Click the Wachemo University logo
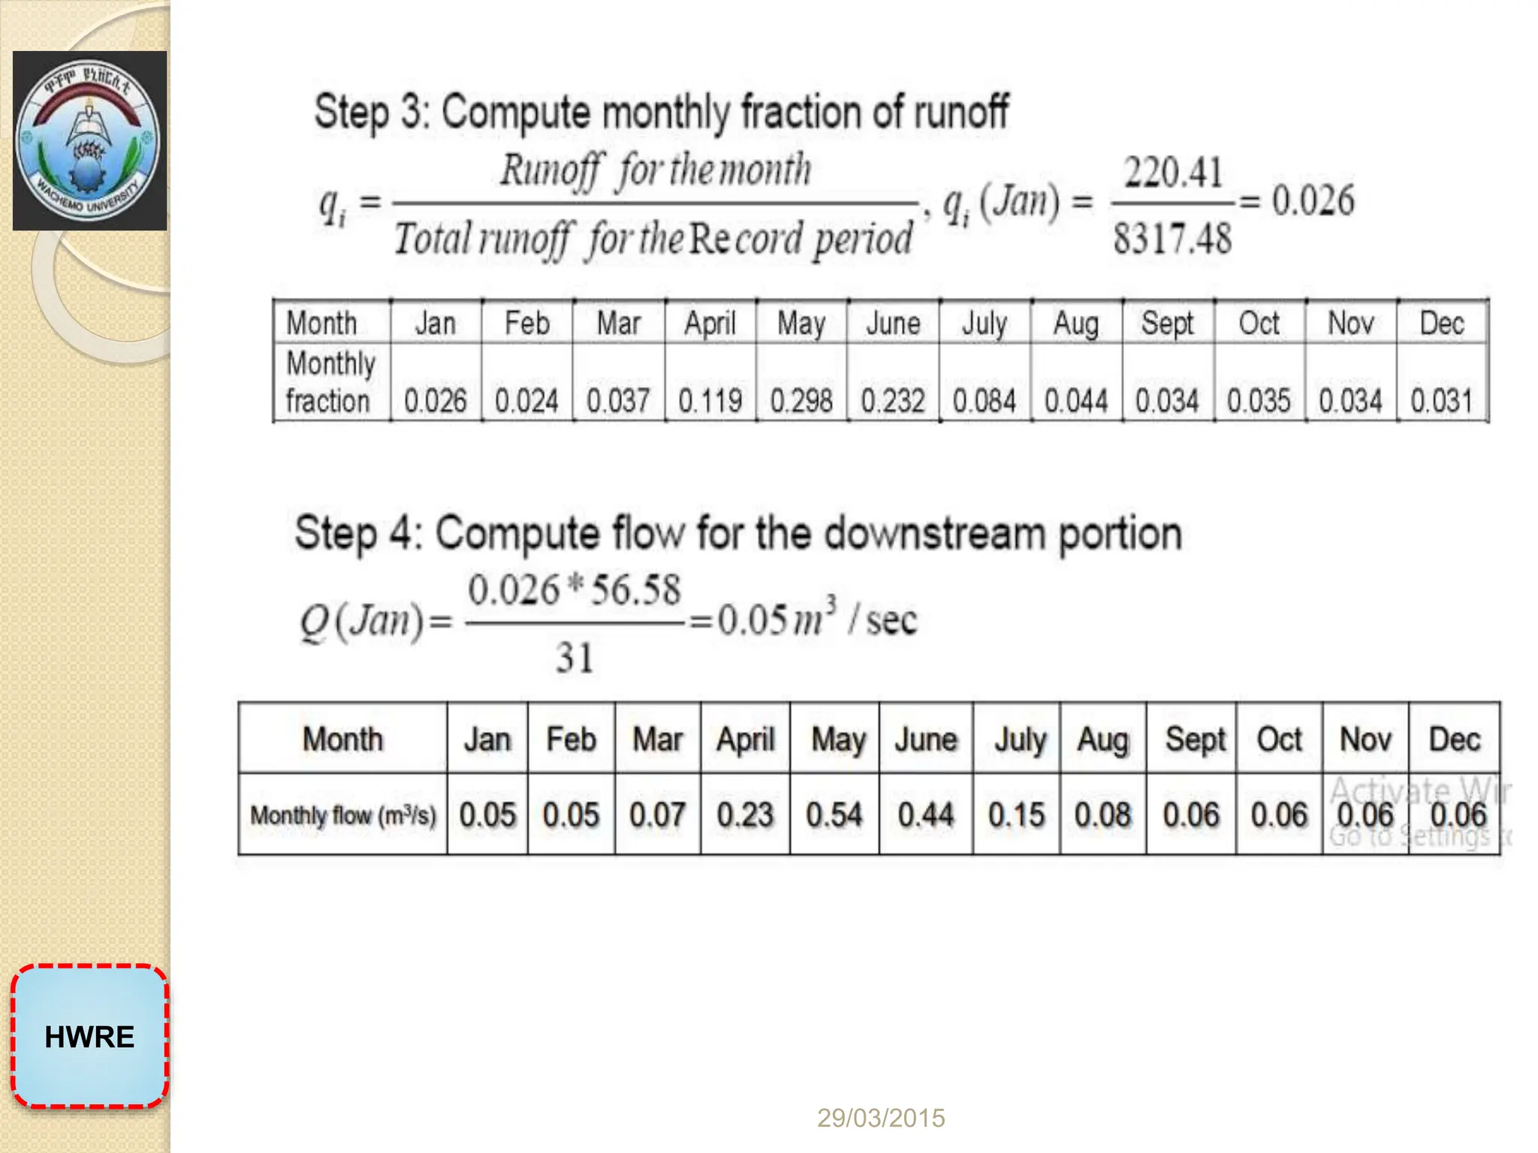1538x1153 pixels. (x=89, y=140)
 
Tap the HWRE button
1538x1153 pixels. (x=89, y=1037)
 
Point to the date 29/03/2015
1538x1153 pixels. (x=881, y=1118)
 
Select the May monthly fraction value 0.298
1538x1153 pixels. (x=801, y=401)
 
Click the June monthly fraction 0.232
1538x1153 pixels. (x=893, y=401)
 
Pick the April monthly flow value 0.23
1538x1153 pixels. (x=745, y=815)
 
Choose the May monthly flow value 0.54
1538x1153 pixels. (x=834, y=815)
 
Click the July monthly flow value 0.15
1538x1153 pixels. (x=1016, y=815)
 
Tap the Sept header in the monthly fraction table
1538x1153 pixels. (x=1167, y=324)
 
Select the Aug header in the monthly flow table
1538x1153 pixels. (x=1102, y=740)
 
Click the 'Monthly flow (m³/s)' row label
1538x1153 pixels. (x=343, y=815)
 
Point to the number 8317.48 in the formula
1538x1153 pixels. (x=1172, y=239)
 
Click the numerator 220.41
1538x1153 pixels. (x=1173, y=173)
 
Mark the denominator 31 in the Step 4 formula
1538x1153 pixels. (x=574, y=658)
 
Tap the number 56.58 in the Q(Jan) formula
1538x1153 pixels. (x=635, y=590)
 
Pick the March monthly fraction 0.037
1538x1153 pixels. (x=618, y=401)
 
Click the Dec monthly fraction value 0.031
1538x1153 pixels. (x=1441, y=401)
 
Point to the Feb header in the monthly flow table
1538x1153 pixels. (x=571, y=740)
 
